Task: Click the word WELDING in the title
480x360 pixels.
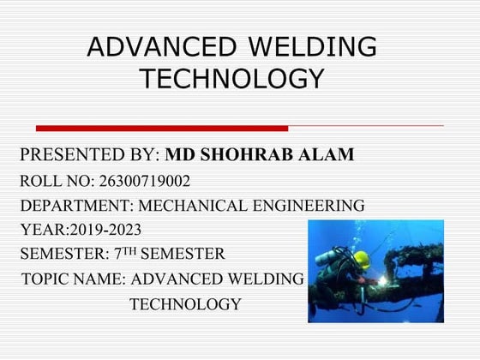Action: coord(308,46)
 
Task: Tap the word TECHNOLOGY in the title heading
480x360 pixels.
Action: coord(231,79)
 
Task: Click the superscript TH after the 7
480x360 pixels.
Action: coord(125,250)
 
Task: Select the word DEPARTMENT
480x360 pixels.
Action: coord(73,206)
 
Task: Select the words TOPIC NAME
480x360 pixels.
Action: coord(72,279)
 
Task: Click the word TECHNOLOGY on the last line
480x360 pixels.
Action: coord(185,304)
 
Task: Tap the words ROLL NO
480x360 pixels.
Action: coord(55,181)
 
